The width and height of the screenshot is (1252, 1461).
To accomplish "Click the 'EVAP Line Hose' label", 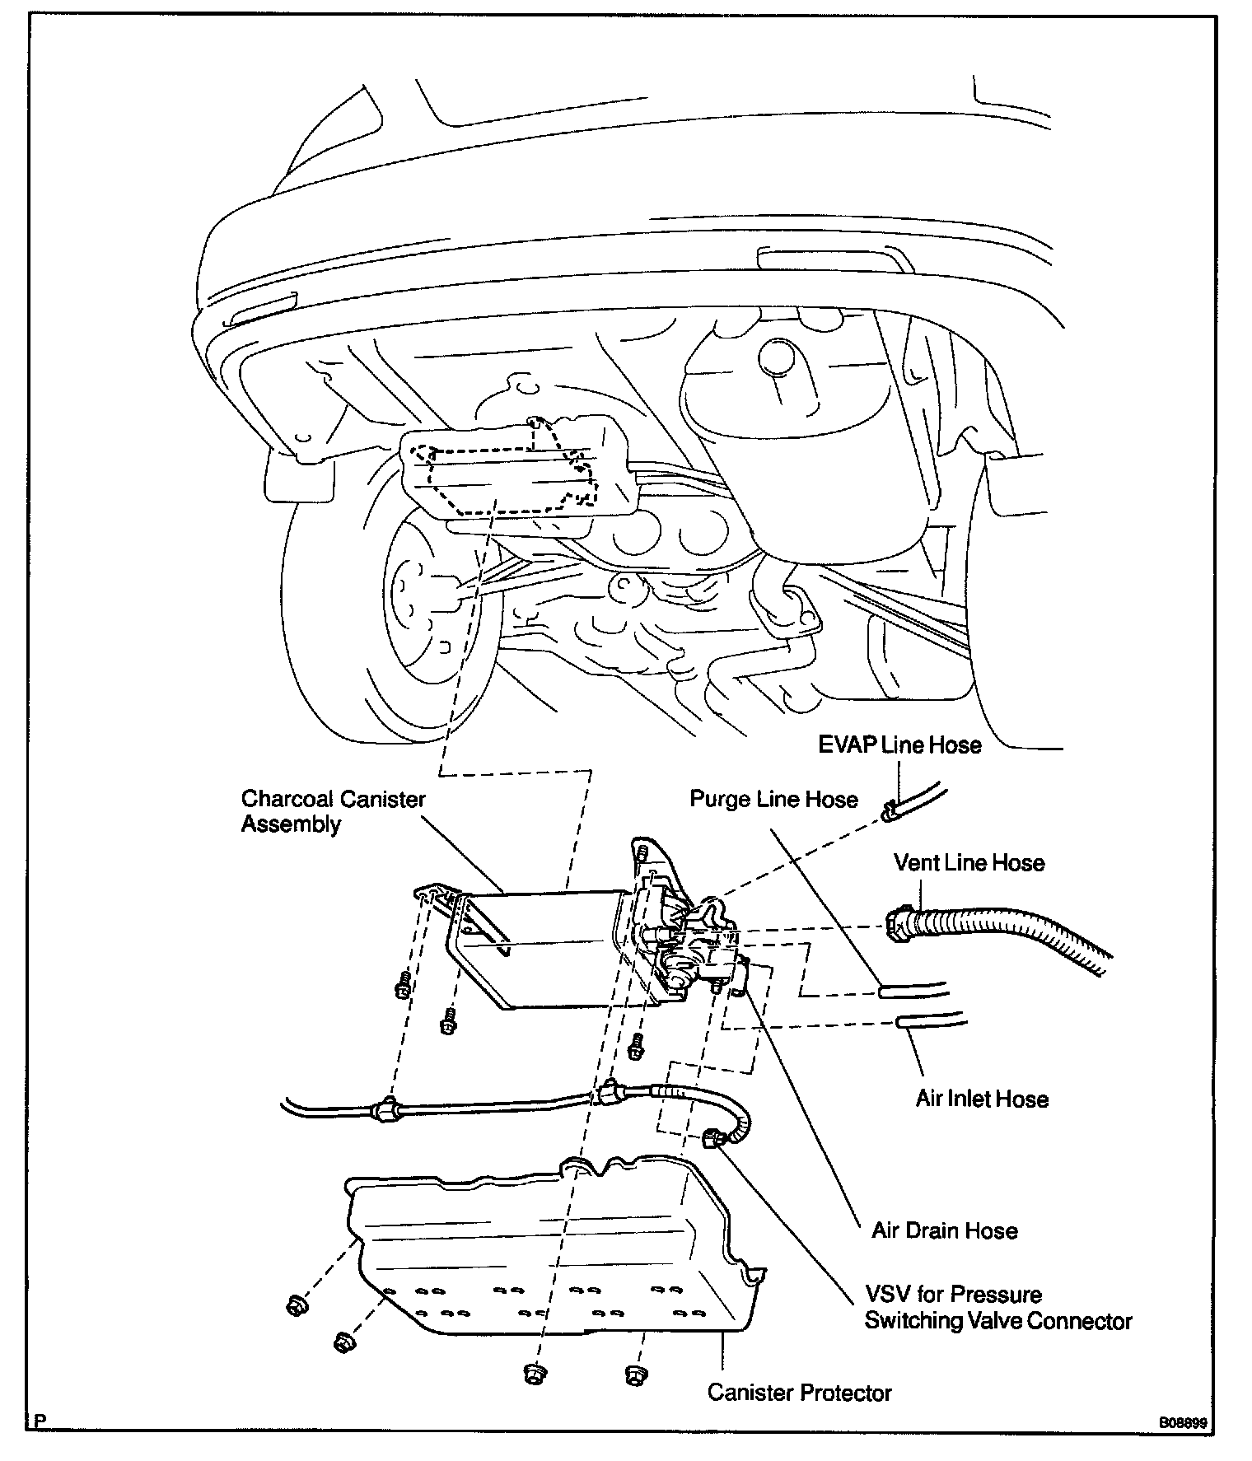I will (x=899, y=745).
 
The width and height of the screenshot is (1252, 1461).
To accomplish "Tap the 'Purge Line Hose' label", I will (x=773, y=799).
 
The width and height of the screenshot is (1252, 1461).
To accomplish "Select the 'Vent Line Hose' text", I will (x=969, y=863).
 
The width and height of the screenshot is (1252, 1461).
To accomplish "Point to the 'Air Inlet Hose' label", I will (x=982, y=1099).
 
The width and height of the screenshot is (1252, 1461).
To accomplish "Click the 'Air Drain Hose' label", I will (x=945, y=1230).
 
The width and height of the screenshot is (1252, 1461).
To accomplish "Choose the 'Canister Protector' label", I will (x=799, y=1393).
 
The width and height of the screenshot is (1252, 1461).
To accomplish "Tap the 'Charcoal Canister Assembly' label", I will (x=333, y=811).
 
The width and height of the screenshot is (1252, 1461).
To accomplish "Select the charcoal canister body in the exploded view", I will (x=544, y=947).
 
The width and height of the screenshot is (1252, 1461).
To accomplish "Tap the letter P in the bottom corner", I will (x=40, y=1421).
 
